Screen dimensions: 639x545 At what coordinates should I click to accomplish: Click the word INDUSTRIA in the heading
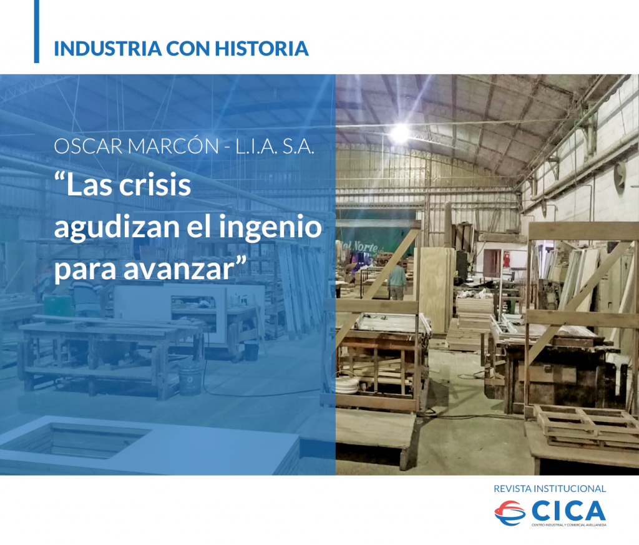coord(108,49)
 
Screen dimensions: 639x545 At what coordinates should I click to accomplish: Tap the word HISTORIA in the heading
coord(261,49)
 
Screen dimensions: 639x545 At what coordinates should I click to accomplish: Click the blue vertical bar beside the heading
coord(37,31)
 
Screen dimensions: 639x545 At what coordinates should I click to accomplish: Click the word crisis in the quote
coord(155,185)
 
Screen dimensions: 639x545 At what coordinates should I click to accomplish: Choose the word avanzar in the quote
coord(183,269)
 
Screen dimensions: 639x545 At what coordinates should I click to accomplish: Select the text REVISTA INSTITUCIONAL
coord(550,488)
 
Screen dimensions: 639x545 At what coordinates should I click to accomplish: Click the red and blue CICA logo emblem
coord(510,513)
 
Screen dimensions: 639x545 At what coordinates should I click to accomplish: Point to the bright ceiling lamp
coord(399,132)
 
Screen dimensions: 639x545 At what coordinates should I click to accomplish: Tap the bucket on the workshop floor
coord(190,378)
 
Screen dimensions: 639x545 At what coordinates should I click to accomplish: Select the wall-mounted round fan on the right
coord(620,177)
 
